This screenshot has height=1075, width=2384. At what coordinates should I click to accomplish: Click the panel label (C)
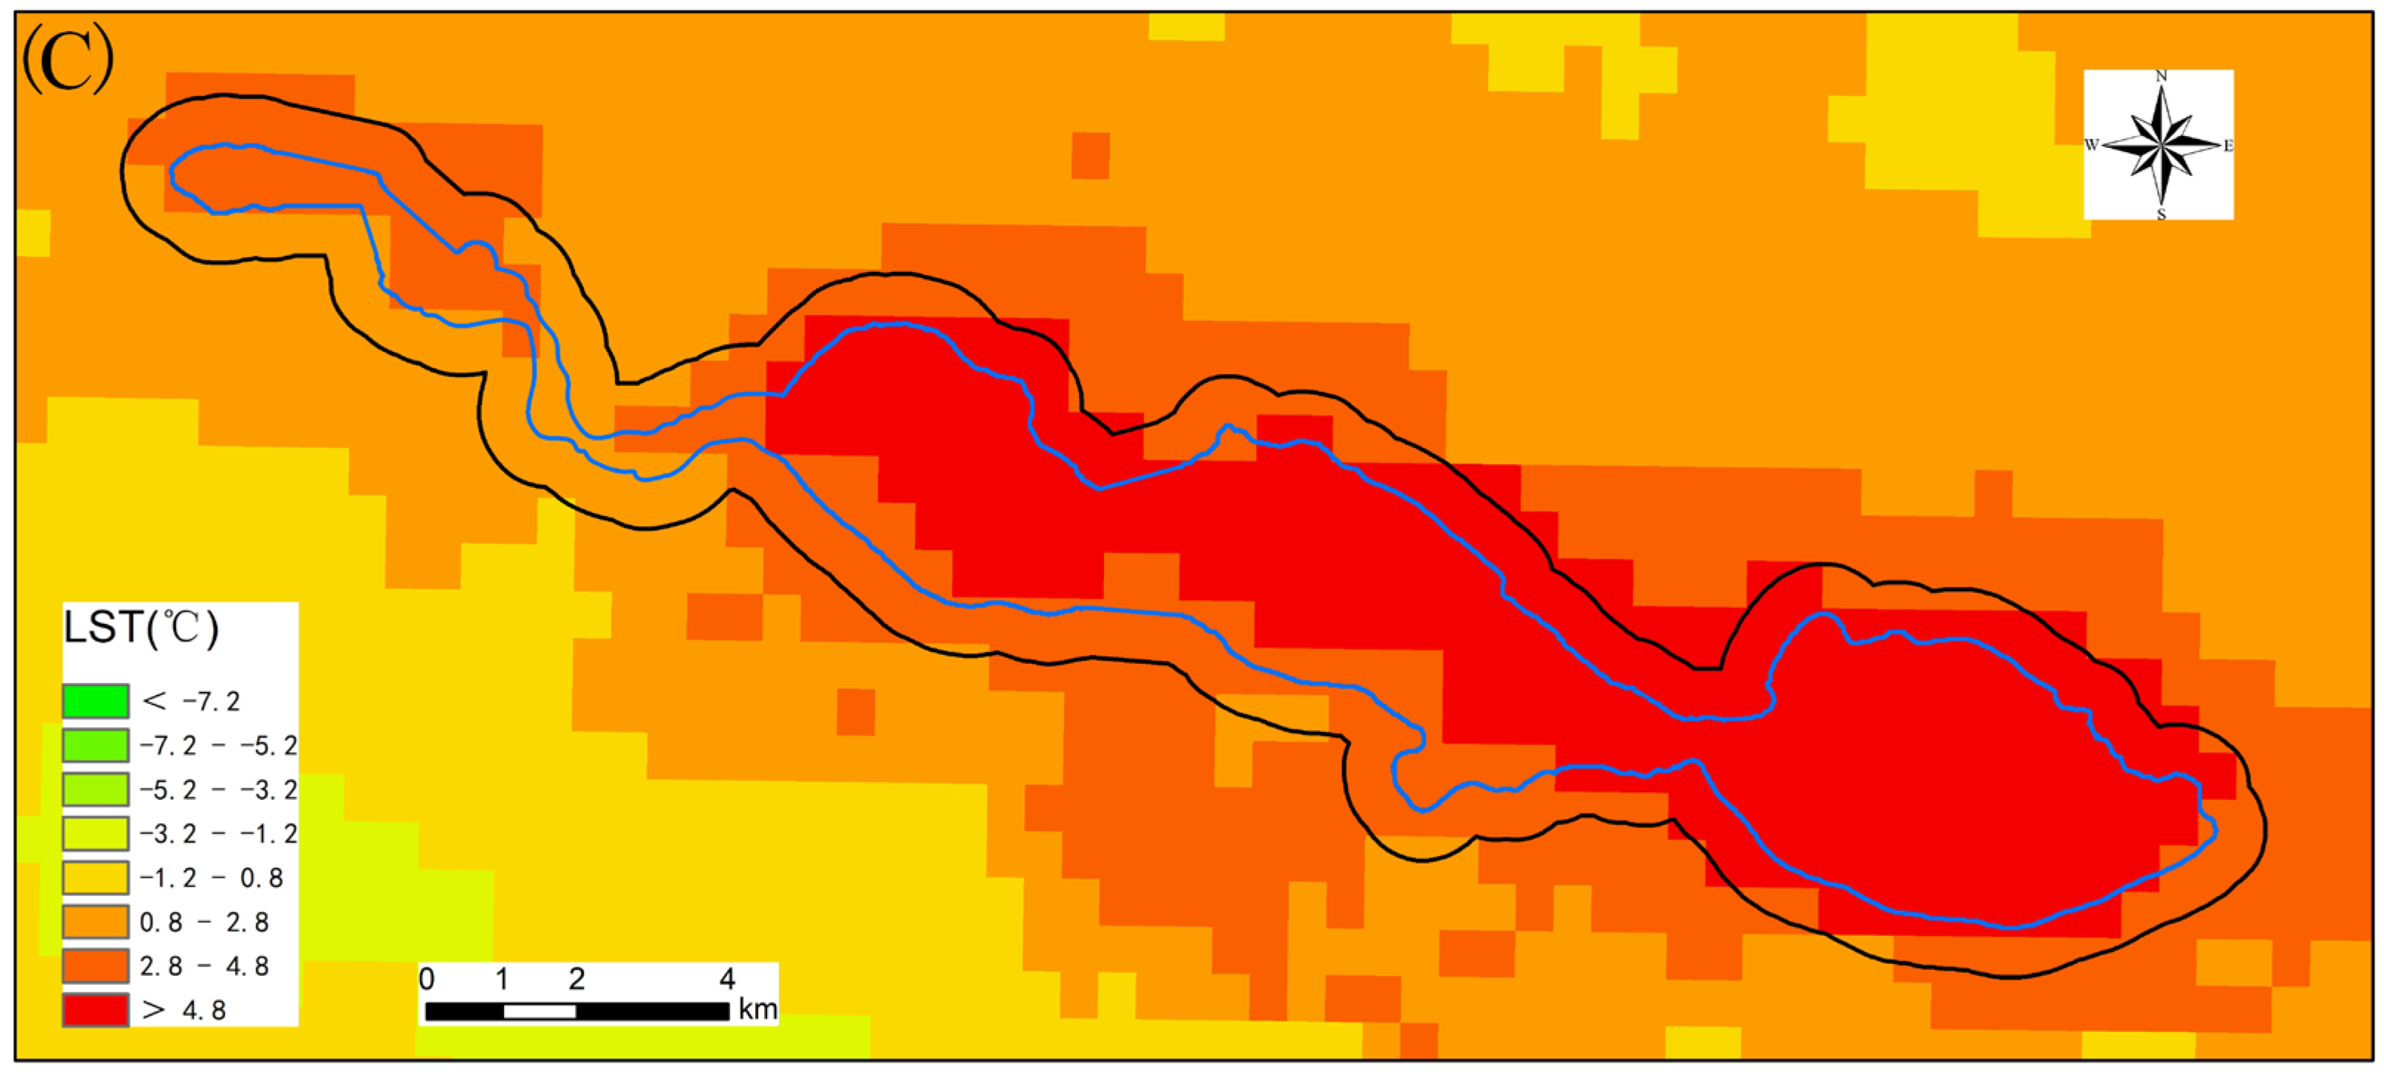(x=67, y=59)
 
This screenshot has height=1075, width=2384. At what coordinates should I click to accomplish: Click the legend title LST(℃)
(x=140, y=628)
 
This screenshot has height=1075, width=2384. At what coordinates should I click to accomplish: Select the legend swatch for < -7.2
(x=95, y=701)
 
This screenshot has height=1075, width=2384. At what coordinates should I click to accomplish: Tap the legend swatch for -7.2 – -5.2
(x=95, y=745)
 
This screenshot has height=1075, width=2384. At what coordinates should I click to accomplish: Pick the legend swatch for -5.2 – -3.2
(x=95, y=790)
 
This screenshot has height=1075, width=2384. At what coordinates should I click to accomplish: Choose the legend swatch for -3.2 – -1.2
(x=95, y=833)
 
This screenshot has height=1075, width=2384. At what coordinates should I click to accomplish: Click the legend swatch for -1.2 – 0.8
(x=95, y=878)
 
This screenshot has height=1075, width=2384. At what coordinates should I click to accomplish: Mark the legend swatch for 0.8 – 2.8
(x=95, y=922)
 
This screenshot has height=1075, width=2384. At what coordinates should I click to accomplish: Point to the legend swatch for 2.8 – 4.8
(x=95, y=966)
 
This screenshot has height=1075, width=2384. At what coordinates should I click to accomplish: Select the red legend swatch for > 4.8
(x=95, y=1010)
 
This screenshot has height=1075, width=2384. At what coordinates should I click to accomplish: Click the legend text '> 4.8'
(x=184, y=1010)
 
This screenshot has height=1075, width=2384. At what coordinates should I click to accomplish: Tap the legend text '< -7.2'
(x=191, y=701)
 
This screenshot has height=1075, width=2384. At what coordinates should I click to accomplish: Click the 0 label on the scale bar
(x=426, y=979)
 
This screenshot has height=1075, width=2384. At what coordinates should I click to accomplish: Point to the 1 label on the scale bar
(x=502, y=979)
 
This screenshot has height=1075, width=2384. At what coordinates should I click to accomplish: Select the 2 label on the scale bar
(x=576, y=979)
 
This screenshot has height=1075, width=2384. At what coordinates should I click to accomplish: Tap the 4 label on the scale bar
(x=727, y=979)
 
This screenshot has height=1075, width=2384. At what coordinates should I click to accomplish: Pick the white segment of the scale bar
(x=539, y=1011)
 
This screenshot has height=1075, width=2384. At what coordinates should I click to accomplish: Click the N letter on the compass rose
(x=2161, y=76)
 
